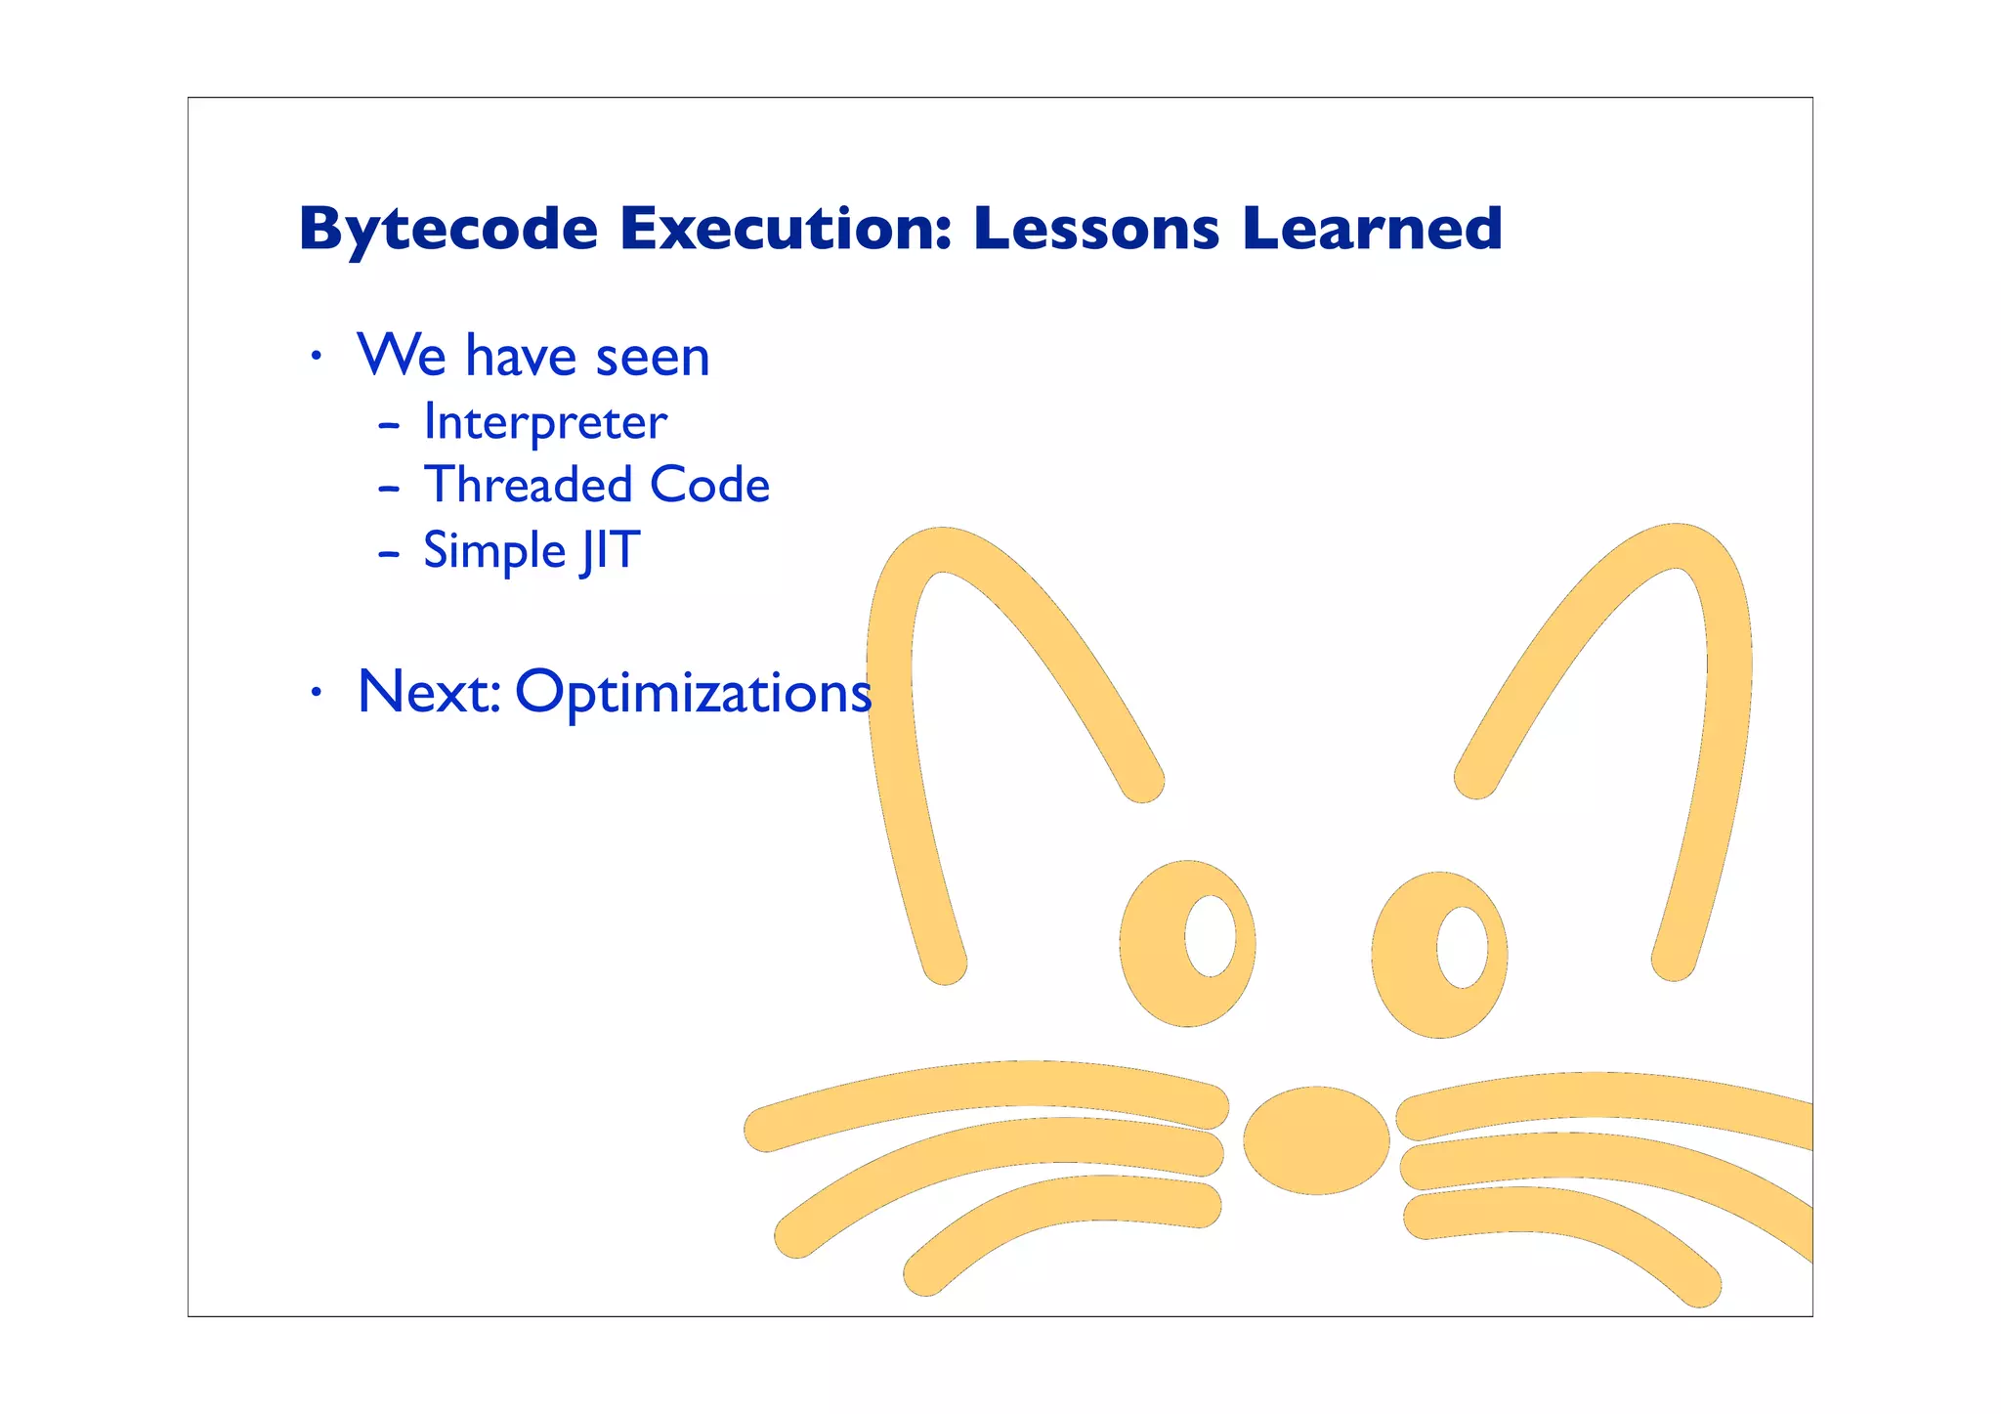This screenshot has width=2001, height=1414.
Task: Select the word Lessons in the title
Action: click(1096, 229)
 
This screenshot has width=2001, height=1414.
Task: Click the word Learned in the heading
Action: click(1372, 229)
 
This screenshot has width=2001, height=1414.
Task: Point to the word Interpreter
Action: click(545, 423)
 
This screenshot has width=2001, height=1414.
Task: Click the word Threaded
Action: click(529, 486)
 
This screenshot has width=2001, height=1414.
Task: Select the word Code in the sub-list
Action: click(709, 486)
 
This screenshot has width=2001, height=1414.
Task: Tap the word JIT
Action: click(610, 550)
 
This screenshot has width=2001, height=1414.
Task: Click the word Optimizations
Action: click(693, 693)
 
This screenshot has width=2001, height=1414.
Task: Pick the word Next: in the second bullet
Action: click(429, 692)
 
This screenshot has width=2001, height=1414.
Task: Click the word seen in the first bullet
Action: click(652, 357)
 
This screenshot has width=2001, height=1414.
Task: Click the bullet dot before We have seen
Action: click(315, 358)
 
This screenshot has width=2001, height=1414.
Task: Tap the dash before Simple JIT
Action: click(389, 554)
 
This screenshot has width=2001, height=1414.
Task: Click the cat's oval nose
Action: click(1316, 1140)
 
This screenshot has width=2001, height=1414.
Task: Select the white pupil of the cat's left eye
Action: click(1210, 935)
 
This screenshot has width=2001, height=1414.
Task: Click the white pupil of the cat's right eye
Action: click(1462, 947)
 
